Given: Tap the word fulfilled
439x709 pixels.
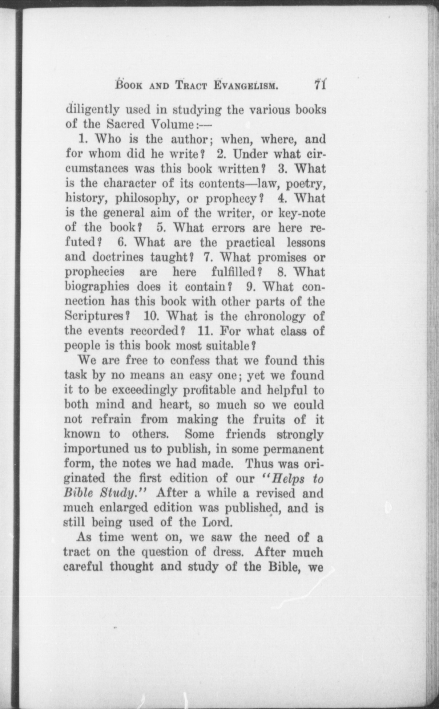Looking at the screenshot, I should coord(234,272).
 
